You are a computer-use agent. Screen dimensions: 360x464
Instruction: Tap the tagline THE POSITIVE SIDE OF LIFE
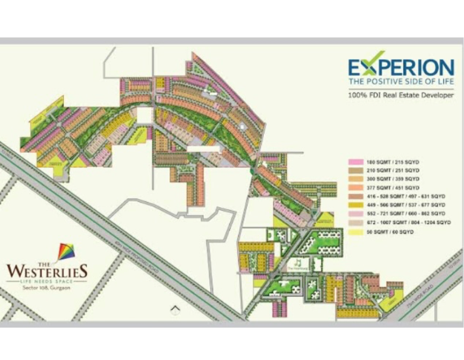point(401,81)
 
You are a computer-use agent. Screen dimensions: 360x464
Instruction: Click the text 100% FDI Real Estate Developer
point(401,95)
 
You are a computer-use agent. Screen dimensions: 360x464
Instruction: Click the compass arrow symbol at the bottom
point(175,310)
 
